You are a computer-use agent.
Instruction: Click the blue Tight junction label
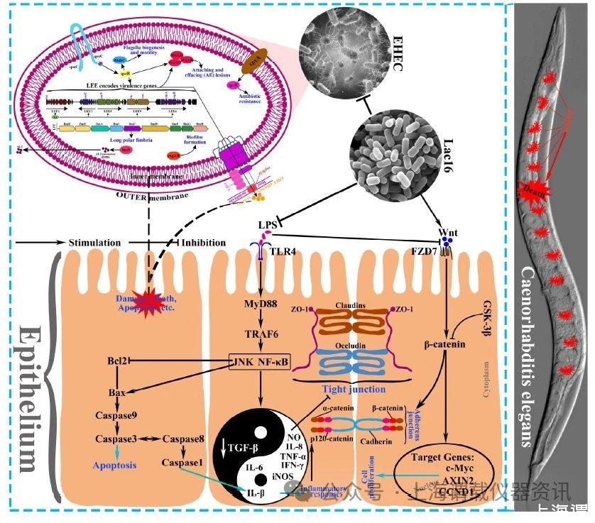coord(353,389)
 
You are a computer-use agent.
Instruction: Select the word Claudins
coord(353,305)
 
